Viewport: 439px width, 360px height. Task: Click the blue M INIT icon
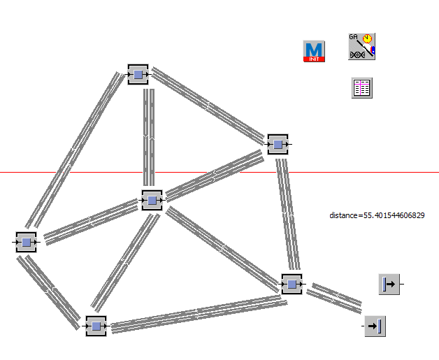[x=315, y=51]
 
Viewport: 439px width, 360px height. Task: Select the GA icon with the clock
[x=362, y=46]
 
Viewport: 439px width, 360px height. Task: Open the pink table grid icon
[x=361, y=87]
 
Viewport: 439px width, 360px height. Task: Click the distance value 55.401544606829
[x=377, y=215]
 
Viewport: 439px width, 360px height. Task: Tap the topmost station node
[x=138, y=74]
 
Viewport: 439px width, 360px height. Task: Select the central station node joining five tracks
[x=152, y=200]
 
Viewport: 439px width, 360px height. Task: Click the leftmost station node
[x=27, y=241]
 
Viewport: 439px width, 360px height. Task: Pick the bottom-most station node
[x=96, y=326]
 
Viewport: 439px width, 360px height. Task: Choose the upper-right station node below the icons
[x=278, y=144]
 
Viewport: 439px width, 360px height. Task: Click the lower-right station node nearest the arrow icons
[x=292, y=284]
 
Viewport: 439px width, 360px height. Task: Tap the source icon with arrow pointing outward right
[x=389, y=284]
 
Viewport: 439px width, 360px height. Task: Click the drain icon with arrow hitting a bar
[x=375, y=326]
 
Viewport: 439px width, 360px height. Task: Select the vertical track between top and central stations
[x=148, y=137]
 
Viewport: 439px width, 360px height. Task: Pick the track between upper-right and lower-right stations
[x=287, y=214]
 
